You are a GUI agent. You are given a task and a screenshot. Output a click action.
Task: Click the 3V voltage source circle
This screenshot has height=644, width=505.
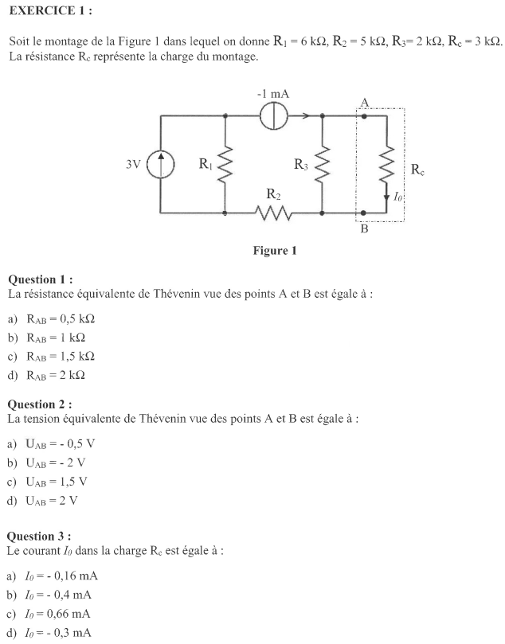[161, 164]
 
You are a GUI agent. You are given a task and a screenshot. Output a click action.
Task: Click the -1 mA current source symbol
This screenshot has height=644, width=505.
[274, 115]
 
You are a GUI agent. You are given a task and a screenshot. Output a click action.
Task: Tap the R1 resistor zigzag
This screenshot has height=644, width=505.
[225, 164]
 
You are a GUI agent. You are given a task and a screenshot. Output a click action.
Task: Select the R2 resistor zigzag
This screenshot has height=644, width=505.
[274, 213]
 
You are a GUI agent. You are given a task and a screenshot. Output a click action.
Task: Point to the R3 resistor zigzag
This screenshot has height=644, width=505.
[322, 164]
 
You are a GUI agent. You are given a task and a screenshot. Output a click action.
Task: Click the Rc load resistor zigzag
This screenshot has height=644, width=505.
[386, 164]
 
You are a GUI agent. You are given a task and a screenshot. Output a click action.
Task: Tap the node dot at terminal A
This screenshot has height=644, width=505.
[364, 116]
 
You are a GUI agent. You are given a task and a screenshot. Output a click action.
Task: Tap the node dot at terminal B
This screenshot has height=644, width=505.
[363, 213]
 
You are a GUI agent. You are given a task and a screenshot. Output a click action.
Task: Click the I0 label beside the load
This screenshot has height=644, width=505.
[397, 197]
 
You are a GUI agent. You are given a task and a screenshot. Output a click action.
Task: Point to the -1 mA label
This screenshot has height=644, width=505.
[273, 94]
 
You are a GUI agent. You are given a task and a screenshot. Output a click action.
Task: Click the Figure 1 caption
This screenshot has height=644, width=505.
[275, 251]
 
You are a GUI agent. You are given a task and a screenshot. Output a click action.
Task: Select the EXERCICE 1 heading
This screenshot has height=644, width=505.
[50, 10]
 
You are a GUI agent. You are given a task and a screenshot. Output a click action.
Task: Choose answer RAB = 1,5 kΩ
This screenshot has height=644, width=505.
[61, 357]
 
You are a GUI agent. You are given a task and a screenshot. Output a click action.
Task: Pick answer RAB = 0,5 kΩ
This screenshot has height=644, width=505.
[61, 319]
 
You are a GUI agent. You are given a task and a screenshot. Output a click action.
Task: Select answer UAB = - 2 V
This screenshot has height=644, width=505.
[56, 463]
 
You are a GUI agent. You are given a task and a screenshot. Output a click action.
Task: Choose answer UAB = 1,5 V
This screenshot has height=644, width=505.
[57, 482]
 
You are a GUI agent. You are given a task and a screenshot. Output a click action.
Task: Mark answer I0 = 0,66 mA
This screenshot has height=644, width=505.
[57, 614]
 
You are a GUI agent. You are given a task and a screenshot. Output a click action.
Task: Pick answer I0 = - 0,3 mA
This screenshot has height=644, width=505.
[57, 633]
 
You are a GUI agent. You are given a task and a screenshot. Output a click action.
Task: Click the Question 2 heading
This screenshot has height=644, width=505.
[40, 404]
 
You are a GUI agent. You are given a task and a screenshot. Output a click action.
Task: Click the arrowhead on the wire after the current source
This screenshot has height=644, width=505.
[306, 115]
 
